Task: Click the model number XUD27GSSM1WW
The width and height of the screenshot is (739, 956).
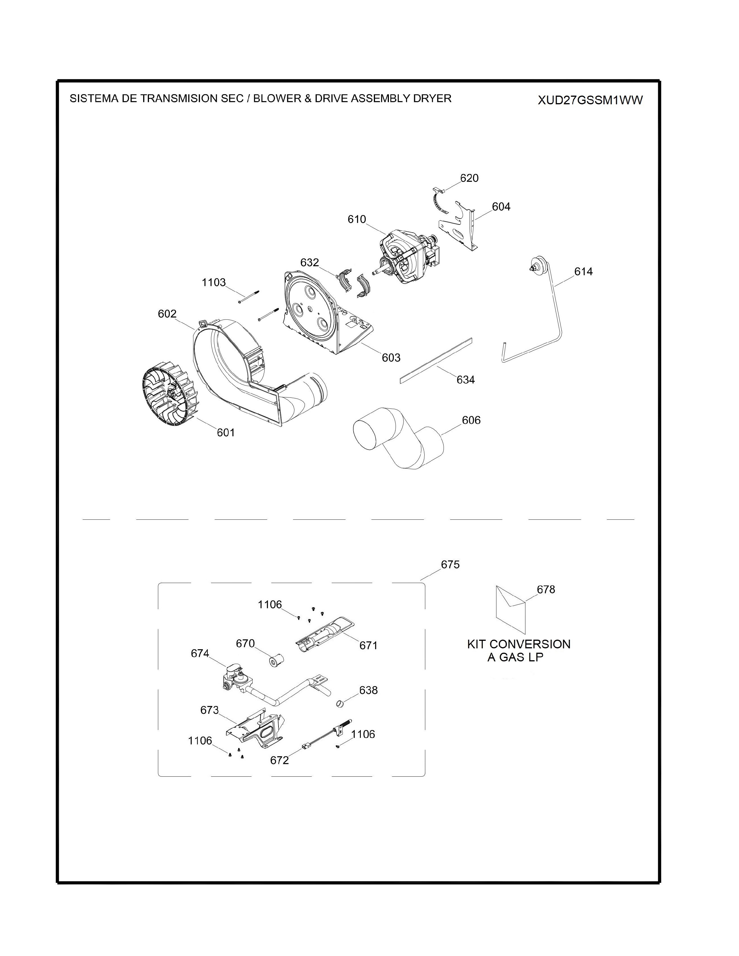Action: point(590,100)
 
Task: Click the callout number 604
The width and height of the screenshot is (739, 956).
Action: point(501,206)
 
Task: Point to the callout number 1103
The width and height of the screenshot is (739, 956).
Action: point(214,282)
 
